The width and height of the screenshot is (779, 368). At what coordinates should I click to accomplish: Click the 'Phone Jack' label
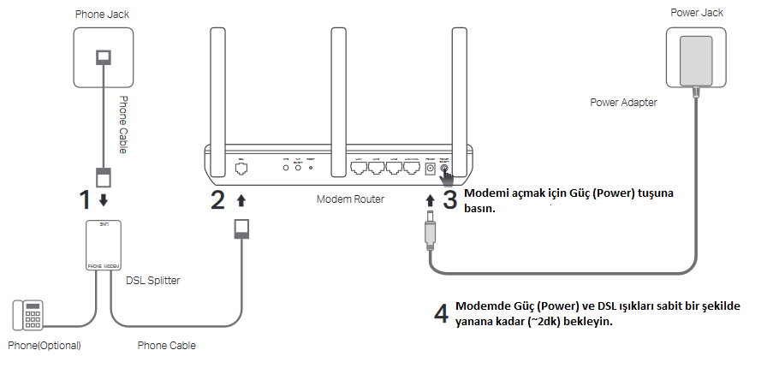pyautogui.click(x=103, y=15)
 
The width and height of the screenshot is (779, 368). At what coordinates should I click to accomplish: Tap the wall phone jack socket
pyautogui.click(x=104, y=56)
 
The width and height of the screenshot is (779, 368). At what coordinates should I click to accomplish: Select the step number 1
pyautogui.click(x=85, y=200)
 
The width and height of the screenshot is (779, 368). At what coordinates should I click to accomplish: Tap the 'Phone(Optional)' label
pyautogui.click(x=45, y=346)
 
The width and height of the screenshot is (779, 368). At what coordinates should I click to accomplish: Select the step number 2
pyautogui.click(x=218, y=200)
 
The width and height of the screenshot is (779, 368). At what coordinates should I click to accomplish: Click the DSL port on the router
pyautogui.click(x=241, y=169)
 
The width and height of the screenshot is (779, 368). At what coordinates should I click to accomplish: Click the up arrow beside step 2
pyautogui.click(x=241, y=200)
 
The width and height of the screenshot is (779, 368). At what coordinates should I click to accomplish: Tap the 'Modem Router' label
pyautogui.click(x=350, y=199)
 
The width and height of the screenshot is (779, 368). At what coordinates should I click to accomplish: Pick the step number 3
pyautogui.click(x=451, y=200)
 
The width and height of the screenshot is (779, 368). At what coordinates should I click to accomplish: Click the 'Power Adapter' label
pyautogui.click(x=623, y=103)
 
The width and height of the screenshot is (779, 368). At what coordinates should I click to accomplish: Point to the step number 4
pyautogui.click(x=441, y=313)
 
